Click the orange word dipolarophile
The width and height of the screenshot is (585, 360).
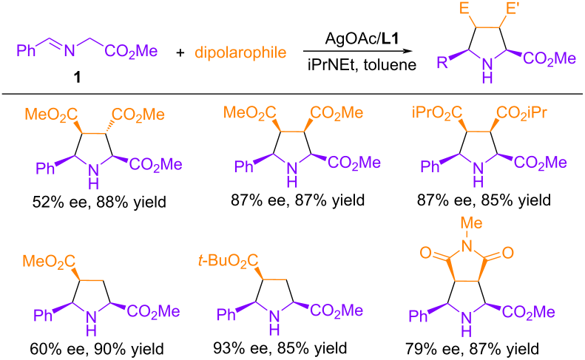[x=240, y=52]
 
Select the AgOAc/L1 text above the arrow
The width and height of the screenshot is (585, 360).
[x=362, y=38]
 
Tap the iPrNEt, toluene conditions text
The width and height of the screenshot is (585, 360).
[x=362, y=65]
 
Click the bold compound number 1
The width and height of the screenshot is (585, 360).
[x=77, y=78]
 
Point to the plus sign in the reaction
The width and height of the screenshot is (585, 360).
[x=180, y=52]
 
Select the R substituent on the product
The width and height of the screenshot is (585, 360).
[x=442, y=62]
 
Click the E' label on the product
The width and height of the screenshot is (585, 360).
[x=512, y=8]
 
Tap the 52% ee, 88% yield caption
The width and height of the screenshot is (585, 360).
[x=99, y=203]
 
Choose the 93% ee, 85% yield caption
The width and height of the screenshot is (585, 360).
[x=280, y=348]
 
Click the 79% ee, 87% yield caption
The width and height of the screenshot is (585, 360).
[x=472, y=349]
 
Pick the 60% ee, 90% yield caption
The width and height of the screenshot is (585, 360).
[x=97, y=349]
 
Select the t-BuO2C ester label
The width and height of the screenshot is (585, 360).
[x=228, y=261]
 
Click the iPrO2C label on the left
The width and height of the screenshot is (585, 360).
[x=437, y=112]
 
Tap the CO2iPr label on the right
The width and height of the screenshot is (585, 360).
[x=521, y=112]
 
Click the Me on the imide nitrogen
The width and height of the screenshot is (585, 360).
[x=472, y=223]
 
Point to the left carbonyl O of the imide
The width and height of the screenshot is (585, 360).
[x=425, y=253]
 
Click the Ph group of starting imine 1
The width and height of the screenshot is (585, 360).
[x=26, y=51]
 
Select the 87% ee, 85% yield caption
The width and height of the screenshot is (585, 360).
[x=484, y=200]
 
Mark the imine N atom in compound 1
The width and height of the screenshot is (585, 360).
[x=70, y=51]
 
